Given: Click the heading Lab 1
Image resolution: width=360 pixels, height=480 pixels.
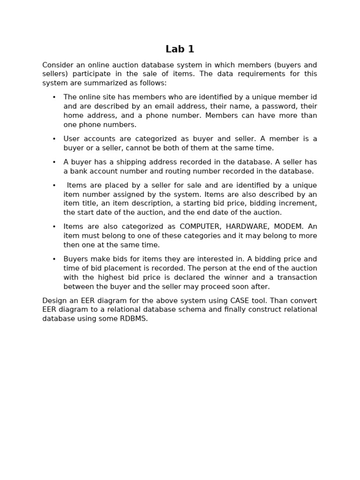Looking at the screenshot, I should coord(180,49).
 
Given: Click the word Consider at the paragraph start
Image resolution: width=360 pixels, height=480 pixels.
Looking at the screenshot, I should coord(58,65).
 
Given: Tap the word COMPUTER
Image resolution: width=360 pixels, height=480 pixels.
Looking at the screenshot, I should coord(200,226).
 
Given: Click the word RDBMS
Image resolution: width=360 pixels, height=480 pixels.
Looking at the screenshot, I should coord(134,319).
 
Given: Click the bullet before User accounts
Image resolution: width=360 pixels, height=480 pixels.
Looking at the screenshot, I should coord(54,139).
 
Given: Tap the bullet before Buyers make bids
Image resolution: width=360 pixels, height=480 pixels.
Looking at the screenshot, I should coord(54,259).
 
